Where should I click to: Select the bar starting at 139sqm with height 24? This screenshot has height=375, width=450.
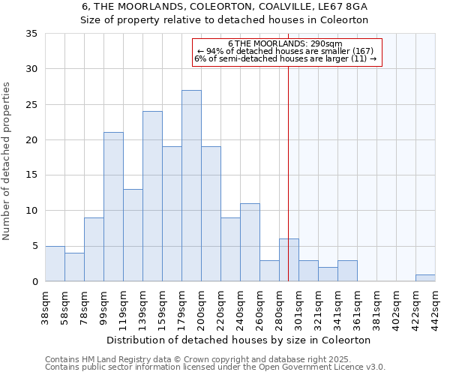click(152, 196)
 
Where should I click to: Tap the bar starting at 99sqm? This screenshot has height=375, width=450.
click(113, 207)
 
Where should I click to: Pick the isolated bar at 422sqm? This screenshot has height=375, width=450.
click(425, 278)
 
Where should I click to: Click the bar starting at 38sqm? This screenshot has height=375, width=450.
click(55, 264)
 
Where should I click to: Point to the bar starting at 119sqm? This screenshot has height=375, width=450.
click(133, 235)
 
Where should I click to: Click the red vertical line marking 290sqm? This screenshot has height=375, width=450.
click(288, 187)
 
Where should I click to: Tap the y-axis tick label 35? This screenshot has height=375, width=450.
click(31, 34)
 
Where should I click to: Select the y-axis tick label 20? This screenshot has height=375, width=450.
click(31, 140)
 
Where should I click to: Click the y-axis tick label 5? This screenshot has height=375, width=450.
click(34, 247)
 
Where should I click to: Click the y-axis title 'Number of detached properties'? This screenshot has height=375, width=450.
click(7, 162)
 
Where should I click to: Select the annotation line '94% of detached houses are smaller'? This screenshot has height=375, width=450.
click(288, 51)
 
